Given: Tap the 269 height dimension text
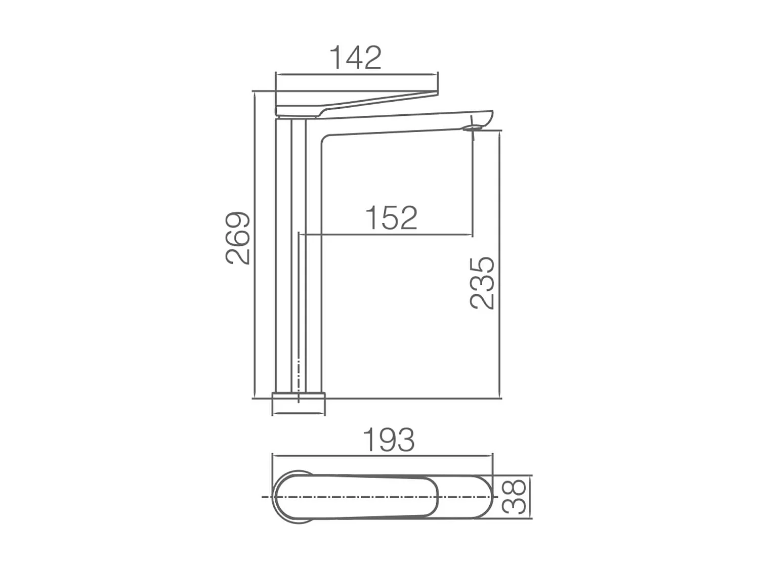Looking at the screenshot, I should coord(238,238).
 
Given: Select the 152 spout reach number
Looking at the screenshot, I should coord(391,218).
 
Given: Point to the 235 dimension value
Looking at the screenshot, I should coord(482,283).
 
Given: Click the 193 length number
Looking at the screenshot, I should coord(389,440).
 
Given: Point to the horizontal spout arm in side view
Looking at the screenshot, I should coord(405,124).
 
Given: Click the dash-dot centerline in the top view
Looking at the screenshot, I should coord(354,497).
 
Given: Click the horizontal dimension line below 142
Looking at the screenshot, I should coord(357,74).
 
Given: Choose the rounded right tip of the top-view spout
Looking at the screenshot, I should coord(489,497).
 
